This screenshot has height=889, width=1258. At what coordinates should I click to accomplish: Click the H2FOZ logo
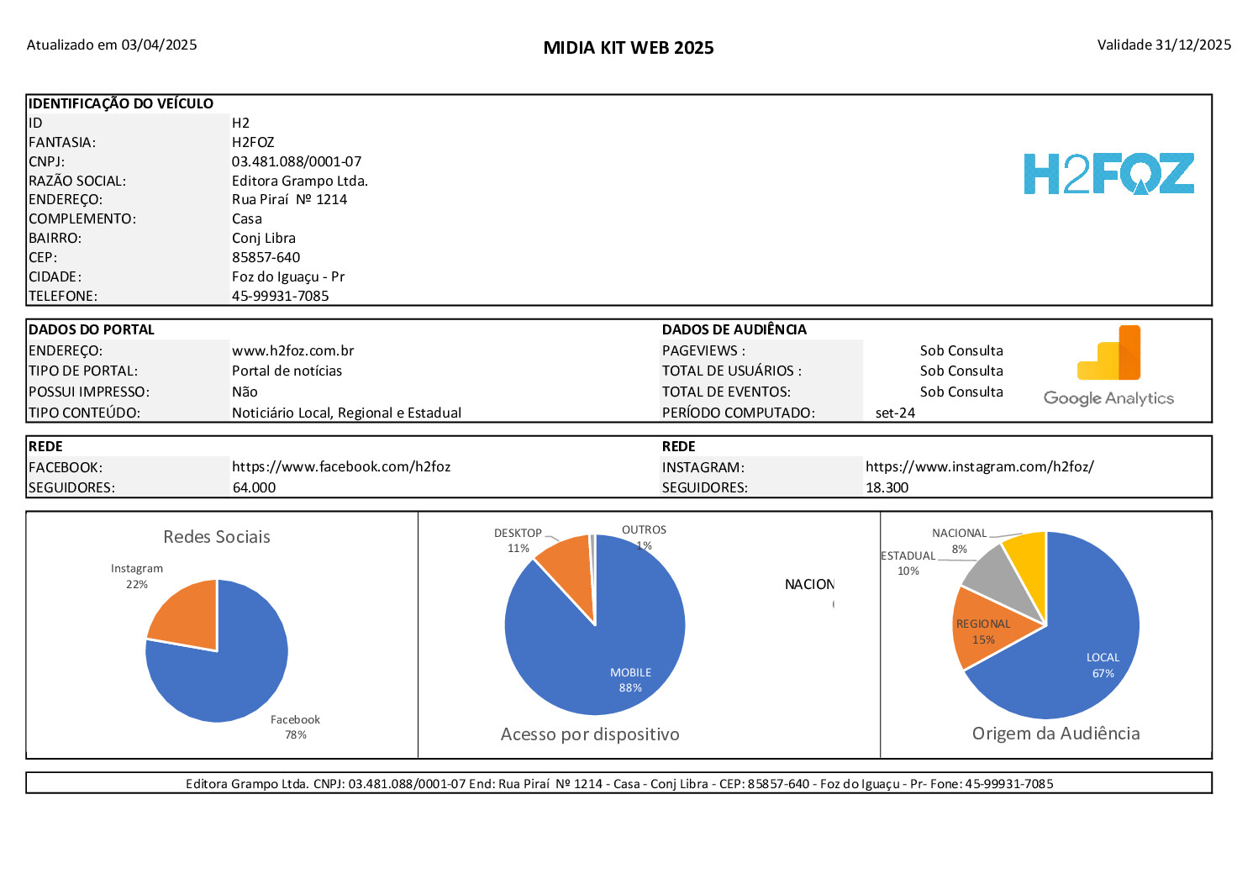[1108, 173]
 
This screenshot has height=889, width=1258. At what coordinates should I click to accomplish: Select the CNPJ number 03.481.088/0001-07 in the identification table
[297, 161]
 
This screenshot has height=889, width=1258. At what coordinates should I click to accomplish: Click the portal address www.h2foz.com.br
[292, 350]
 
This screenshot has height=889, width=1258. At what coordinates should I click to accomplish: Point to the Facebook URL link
[341, 466]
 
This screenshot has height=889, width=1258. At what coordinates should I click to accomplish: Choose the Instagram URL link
[979, 466]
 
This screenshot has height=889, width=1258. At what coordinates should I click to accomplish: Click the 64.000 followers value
[254, 487]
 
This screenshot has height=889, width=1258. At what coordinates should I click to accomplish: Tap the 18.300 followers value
[887, 487]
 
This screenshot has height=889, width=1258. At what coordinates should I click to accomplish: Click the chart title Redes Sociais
[217, 537]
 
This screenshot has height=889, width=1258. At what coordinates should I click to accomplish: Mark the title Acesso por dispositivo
[590, 734]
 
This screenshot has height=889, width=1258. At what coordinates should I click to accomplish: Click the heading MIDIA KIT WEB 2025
[629, 48]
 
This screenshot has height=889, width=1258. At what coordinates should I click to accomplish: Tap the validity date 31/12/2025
[1192, 45]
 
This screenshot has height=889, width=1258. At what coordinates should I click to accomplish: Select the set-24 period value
[895, 413]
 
